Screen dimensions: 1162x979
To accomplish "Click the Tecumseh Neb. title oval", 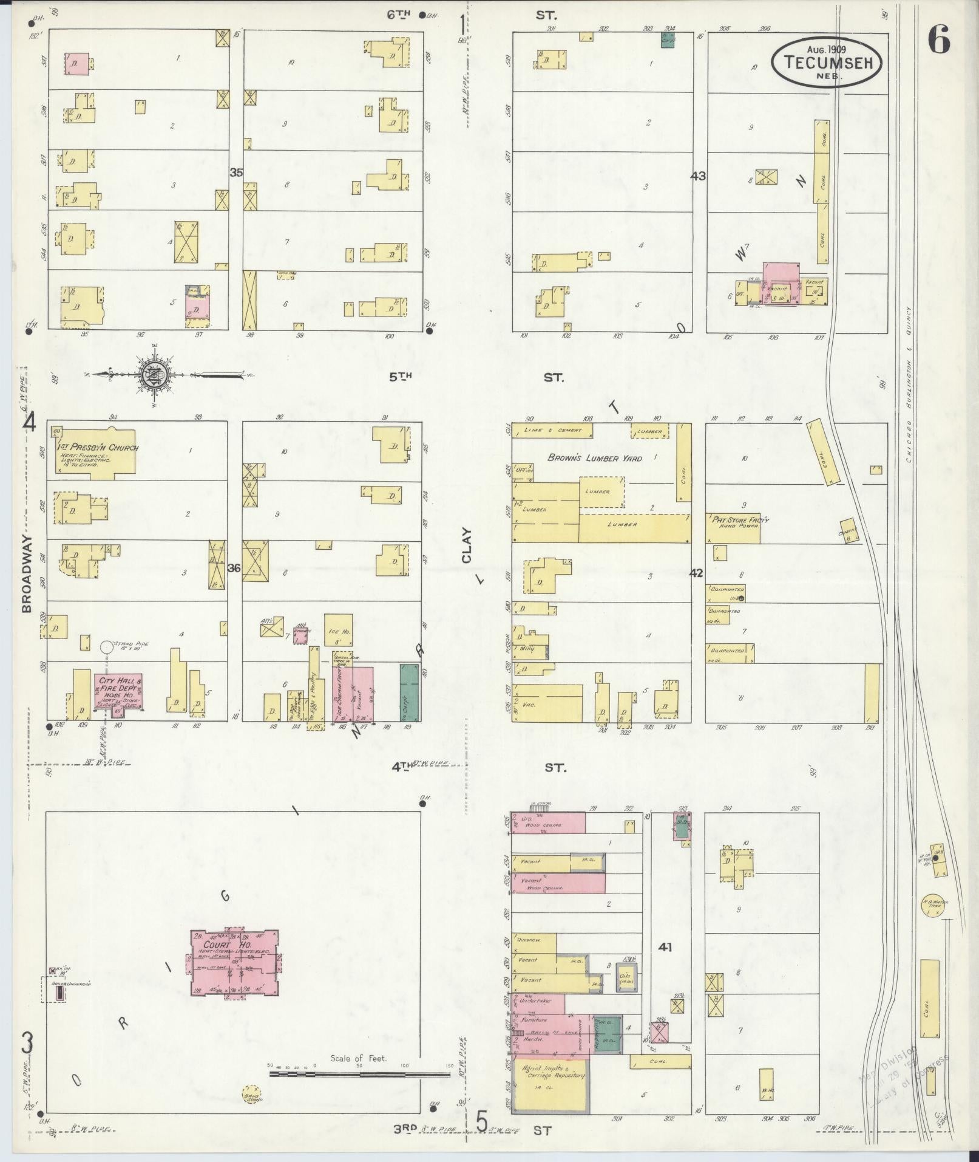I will point(827,61).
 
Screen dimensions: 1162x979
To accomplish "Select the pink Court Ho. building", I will point(234,970).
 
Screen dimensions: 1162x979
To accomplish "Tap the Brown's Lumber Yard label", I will point(594,458).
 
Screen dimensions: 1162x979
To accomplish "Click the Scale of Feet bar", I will point(359,1074).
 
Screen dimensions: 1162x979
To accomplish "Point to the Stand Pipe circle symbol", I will point(106,648).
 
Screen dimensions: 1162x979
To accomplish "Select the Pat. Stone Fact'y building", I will point(733,528).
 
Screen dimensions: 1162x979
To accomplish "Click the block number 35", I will point(236,173).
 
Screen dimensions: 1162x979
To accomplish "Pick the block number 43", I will point(698,176).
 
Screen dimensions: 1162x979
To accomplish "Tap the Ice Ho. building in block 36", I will point(339,635).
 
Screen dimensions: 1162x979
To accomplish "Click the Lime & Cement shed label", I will point(552,430).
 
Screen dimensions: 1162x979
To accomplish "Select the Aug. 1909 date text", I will point(826,49).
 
